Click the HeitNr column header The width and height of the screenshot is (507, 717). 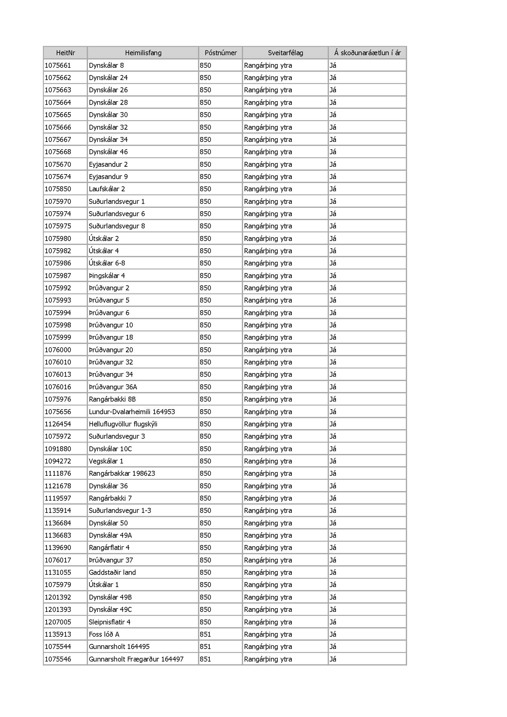click(65, 53)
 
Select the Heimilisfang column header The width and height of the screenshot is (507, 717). click(143, 53)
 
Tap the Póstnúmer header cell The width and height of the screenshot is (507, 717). click(220, 53)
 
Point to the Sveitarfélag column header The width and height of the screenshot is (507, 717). click(285, 53)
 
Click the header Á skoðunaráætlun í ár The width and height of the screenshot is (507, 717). click(367, 53)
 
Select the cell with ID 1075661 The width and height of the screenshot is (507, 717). click(58, 66)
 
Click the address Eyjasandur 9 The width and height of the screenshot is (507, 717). click(108, 177)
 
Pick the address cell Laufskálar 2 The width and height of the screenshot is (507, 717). click(107, 189)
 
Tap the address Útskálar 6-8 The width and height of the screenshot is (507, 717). click(107, 263)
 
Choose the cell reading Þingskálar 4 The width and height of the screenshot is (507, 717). click(107, 276)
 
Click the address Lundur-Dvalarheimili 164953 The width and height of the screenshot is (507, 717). click(132, 412)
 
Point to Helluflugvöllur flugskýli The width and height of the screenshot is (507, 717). click(123, 424)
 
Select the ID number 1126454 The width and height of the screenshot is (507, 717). click(58, 424)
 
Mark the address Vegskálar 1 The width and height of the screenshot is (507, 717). click(106, 461)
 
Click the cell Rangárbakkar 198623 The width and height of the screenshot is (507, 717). click(122, 473)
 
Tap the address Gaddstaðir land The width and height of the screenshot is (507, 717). click(112, 572)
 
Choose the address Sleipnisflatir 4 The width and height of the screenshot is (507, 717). click(109, 622)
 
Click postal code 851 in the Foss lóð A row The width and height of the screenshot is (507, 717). click(205, 634)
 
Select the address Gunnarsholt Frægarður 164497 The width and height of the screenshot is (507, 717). click(136, 659)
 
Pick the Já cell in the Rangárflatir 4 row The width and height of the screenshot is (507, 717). click(333, 548)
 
